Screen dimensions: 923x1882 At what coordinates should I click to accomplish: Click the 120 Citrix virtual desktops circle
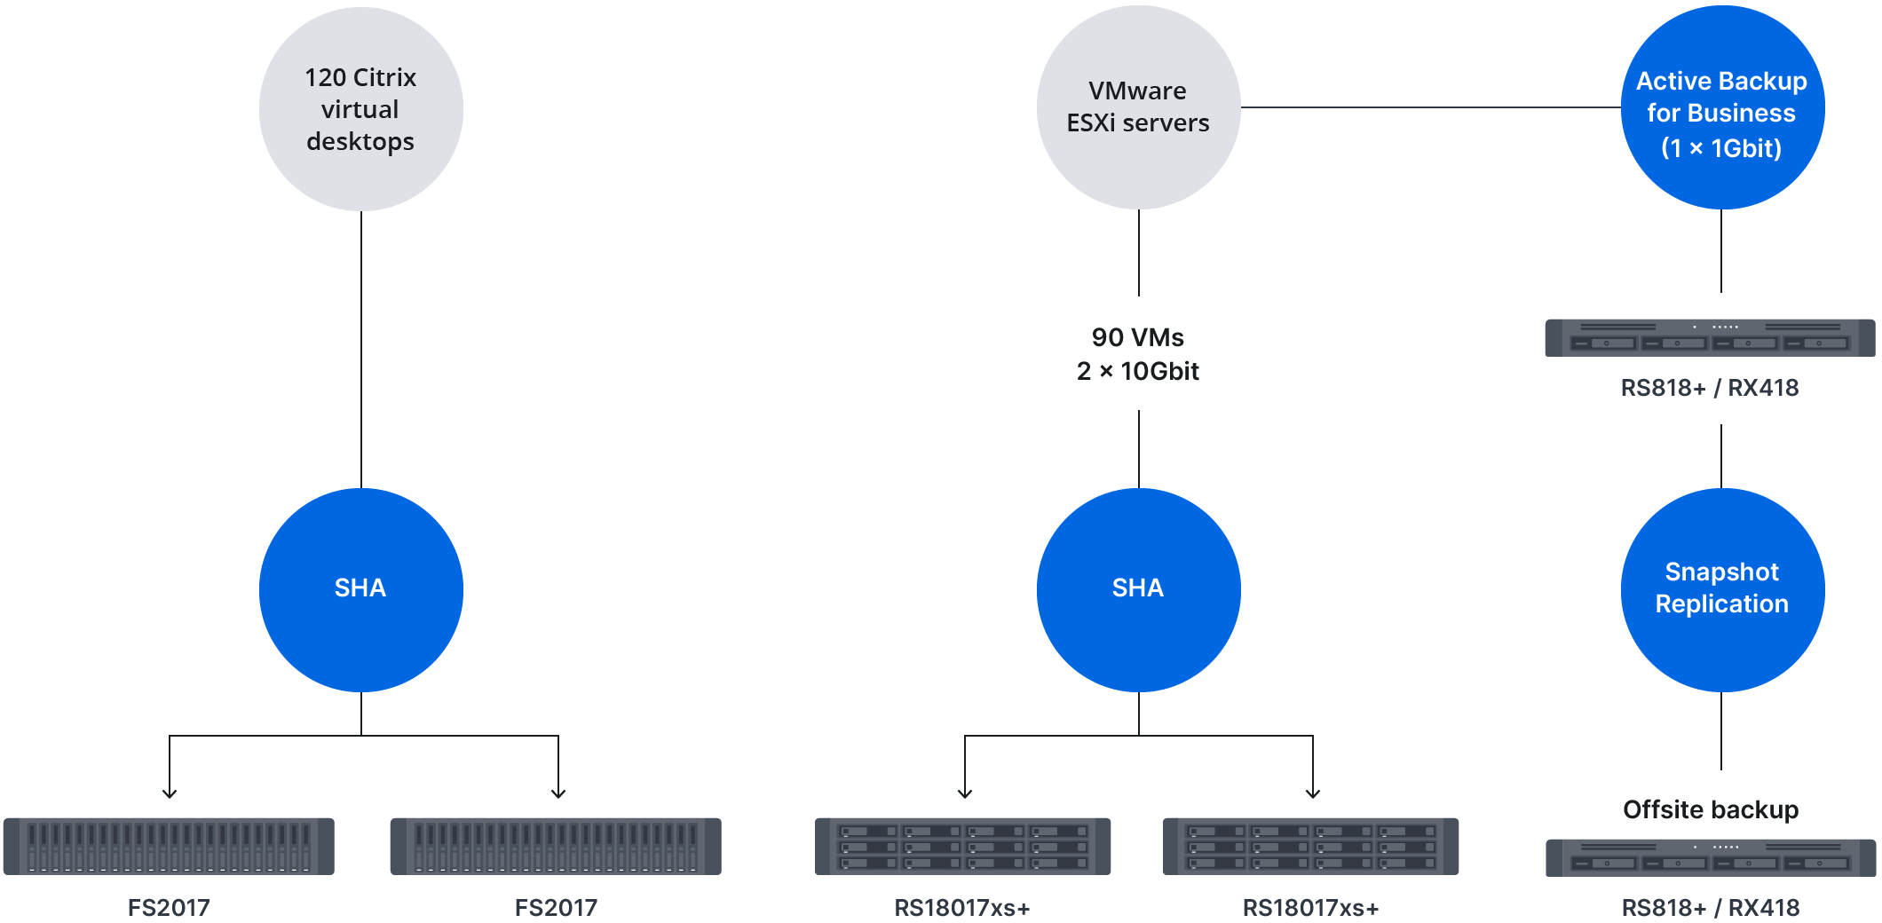360,109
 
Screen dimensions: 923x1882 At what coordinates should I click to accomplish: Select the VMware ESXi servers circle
1138,107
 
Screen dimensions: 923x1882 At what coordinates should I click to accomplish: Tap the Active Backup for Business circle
1722,107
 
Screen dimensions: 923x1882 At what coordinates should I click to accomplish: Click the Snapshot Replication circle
1722,589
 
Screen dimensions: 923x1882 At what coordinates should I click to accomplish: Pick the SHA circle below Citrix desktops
360,589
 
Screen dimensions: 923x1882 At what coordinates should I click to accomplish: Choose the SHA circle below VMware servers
1138,589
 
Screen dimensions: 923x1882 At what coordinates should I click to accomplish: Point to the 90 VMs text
1138,337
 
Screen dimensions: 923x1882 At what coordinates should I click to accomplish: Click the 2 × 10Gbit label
1138,371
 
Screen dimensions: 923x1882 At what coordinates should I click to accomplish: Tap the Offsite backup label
1711,809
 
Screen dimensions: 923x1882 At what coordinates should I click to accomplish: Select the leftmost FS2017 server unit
169,846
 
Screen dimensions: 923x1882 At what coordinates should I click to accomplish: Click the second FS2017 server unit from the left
556,846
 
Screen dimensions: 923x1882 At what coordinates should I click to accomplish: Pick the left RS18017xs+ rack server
963,846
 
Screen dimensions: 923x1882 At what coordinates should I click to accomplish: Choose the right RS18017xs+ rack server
1311,846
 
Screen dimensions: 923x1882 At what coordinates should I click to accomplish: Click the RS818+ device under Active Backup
1710,337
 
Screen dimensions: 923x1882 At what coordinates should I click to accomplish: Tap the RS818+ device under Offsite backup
1711,857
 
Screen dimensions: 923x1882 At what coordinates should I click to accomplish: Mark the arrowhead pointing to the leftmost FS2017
170,793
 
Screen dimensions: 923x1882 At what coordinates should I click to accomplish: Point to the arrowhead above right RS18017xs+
1313,793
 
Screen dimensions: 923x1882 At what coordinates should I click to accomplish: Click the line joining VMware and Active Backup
1429,107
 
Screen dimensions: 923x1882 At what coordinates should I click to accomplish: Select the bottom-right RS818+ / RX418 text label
1711,907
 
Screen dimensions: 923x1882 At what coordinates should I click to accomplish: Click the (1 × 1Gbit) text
1721,148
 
